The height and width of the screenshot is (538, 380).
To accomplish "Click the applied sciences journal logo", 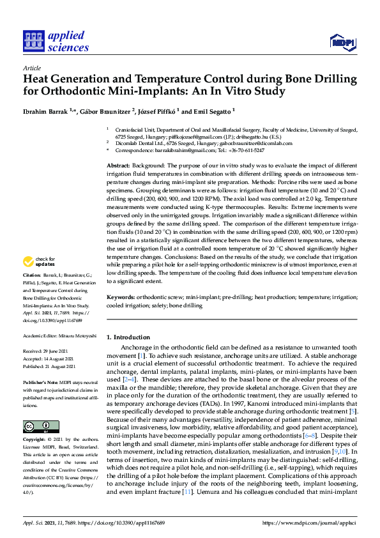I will [x=56, y=41].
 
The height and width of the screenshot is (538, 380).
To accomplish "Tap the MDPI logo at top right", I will [x=342, y=42].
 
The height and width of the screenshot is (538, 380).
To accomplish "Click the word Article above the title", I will [x=31, y=68].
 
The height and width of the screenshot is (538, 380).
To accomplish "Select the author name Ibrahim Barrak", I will [x=45, y=111].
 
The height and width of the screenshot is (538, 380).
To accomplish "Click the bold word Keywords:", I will [x=121, y=298].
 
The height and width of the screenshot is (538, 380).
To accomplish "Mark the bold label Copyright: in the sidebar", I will [x=36, y=441].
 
